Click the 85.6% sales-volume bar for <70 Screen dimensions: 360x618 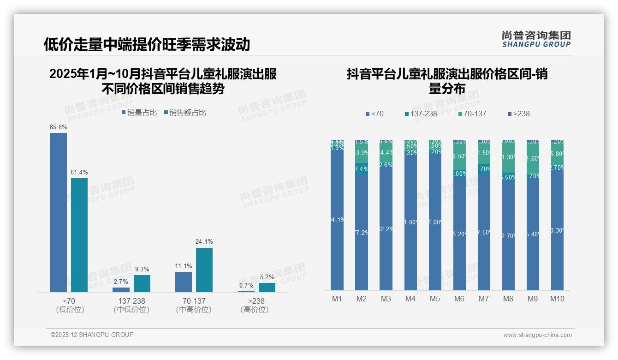59,212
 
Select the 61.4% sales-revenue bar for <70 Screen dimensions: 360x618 79,235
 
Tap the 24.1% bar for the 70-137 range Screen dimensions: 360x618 204,270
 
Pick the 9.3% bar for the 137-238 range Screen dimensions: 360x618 142,283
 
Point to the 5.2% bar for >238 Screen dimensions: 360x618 267,287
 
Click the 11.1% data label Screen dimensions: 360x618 184,266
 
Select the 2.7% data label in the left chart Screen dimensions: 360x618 121,282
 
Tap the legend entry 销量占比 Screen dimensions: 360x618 139,112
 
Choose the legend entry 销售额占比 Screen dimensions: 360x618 185,112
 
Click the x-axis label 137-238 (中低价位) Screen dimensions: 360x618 131,305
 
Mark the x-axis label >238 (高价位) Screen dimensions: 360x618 254,305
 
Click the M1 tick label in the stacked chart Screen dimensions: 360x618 337,299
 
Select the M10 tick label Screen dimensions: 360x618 557,299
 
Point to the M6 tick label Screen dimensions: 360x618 459,299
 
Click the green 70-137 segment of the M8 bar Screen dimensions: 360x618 508,157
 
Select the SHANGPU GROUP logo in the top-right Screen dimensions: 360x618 536,39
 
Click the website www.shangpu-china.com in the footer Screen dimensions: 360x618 537,335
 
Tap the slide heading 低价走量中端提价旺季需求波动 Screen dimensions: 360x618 147,44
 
